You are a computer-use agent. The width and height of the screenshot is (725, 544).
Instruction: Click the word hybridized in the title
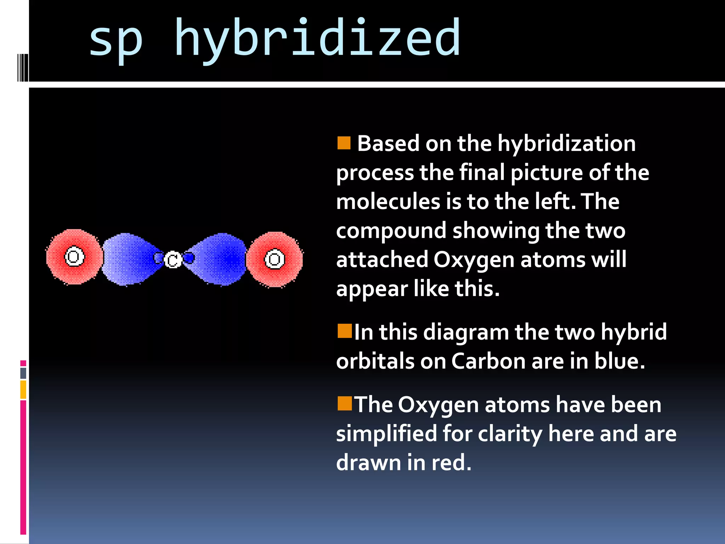[x=318, y=38]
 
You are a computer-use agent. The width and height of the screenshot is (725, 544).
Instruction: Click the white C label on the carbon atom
[x=173, y=260]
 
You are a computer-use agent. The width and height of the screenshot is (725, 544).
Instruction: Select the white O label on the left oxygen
[x=74, y=256]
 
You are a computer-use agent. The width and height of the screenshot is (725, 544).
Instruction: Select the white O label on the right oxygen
[x=275, y=259]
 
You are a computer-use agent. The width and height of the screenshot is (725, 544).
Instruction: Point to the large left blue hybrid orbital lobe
[x=127, y=259]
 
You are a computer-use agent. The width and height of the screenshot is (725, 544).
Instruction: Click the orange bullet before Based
[x=344, y=143]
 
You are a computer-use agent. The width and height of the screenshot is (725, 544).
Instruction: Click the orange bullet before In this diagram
[x=344, y=331]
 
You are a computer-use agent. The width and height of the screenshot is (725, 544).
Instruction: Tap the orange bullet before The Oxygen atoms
[x=344, y=403]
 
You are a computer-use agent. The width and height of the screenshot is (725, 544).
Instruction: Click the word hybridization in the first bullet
[x=566, y=144]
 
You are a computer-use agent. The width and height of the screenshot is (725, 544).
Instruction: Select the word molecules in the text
[x=388, y=202]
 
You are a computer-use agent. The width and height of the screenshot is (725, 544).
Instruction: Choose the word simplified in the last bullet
[x=386, y=434]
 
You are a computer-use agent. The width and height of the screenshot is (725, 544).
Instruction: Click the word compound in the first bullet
[x=391, y=231]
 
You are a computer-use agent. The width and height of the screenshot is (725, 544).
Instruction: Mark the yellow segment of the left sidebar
[x=23, y=390]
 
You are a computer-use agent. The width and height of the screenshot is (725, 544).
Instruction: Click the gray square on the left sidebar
[x=23, y=373]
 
